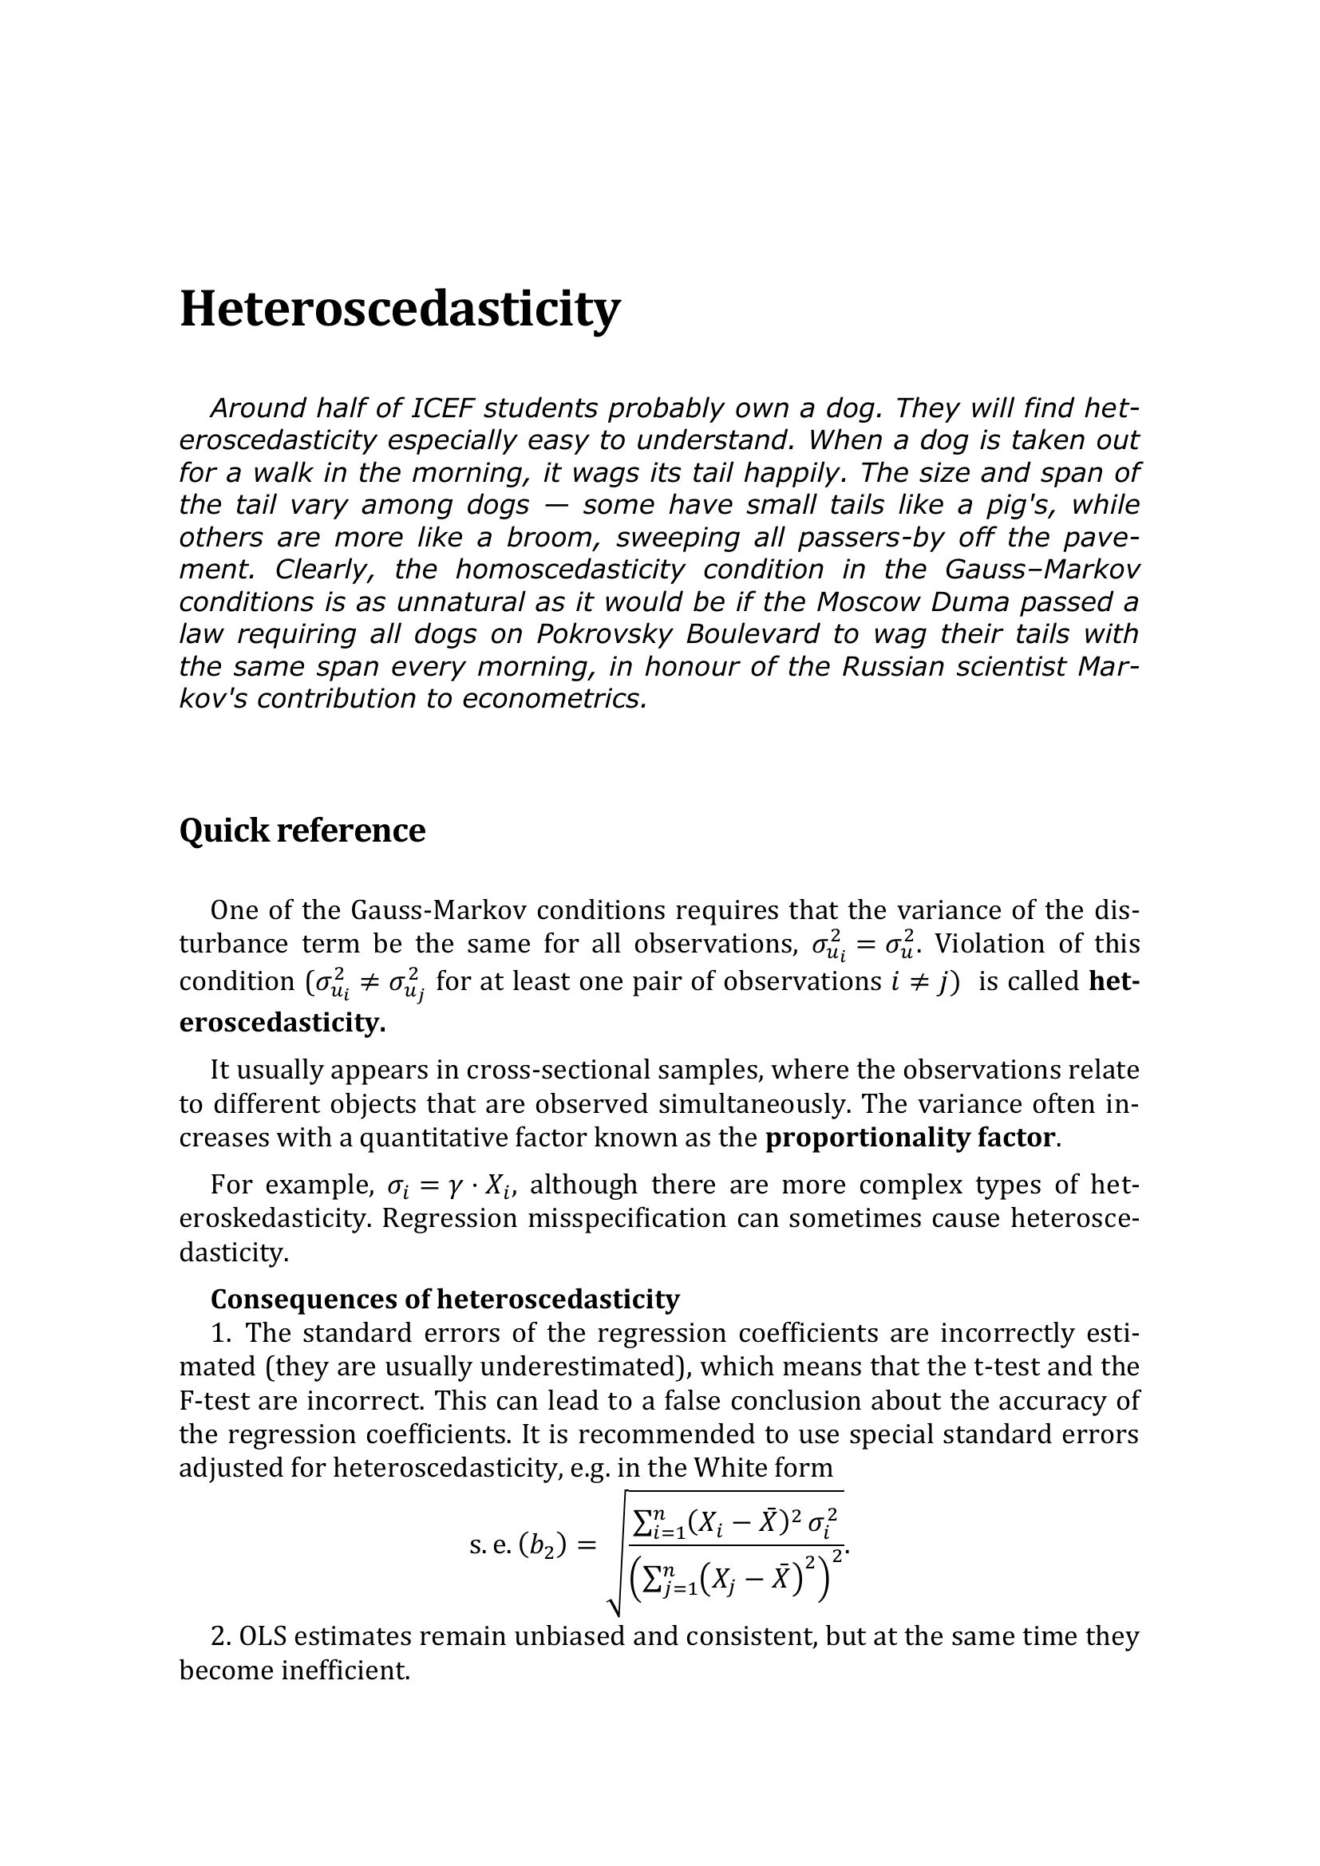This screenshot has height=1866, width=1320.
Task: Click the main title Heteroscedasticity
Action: (x=399, y=310)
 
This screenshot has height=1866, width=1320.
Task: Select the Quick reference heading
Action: (x=302, y=830)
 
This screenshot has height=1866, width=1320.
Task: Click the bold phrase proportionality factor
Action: (x=911, y=1137)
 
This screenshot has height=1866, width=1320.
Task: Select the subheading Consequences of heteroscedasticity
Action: (x=445, y=1300)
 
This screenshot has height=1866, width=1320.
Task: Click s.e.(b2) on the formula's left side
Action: (x=518, y=1545)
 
